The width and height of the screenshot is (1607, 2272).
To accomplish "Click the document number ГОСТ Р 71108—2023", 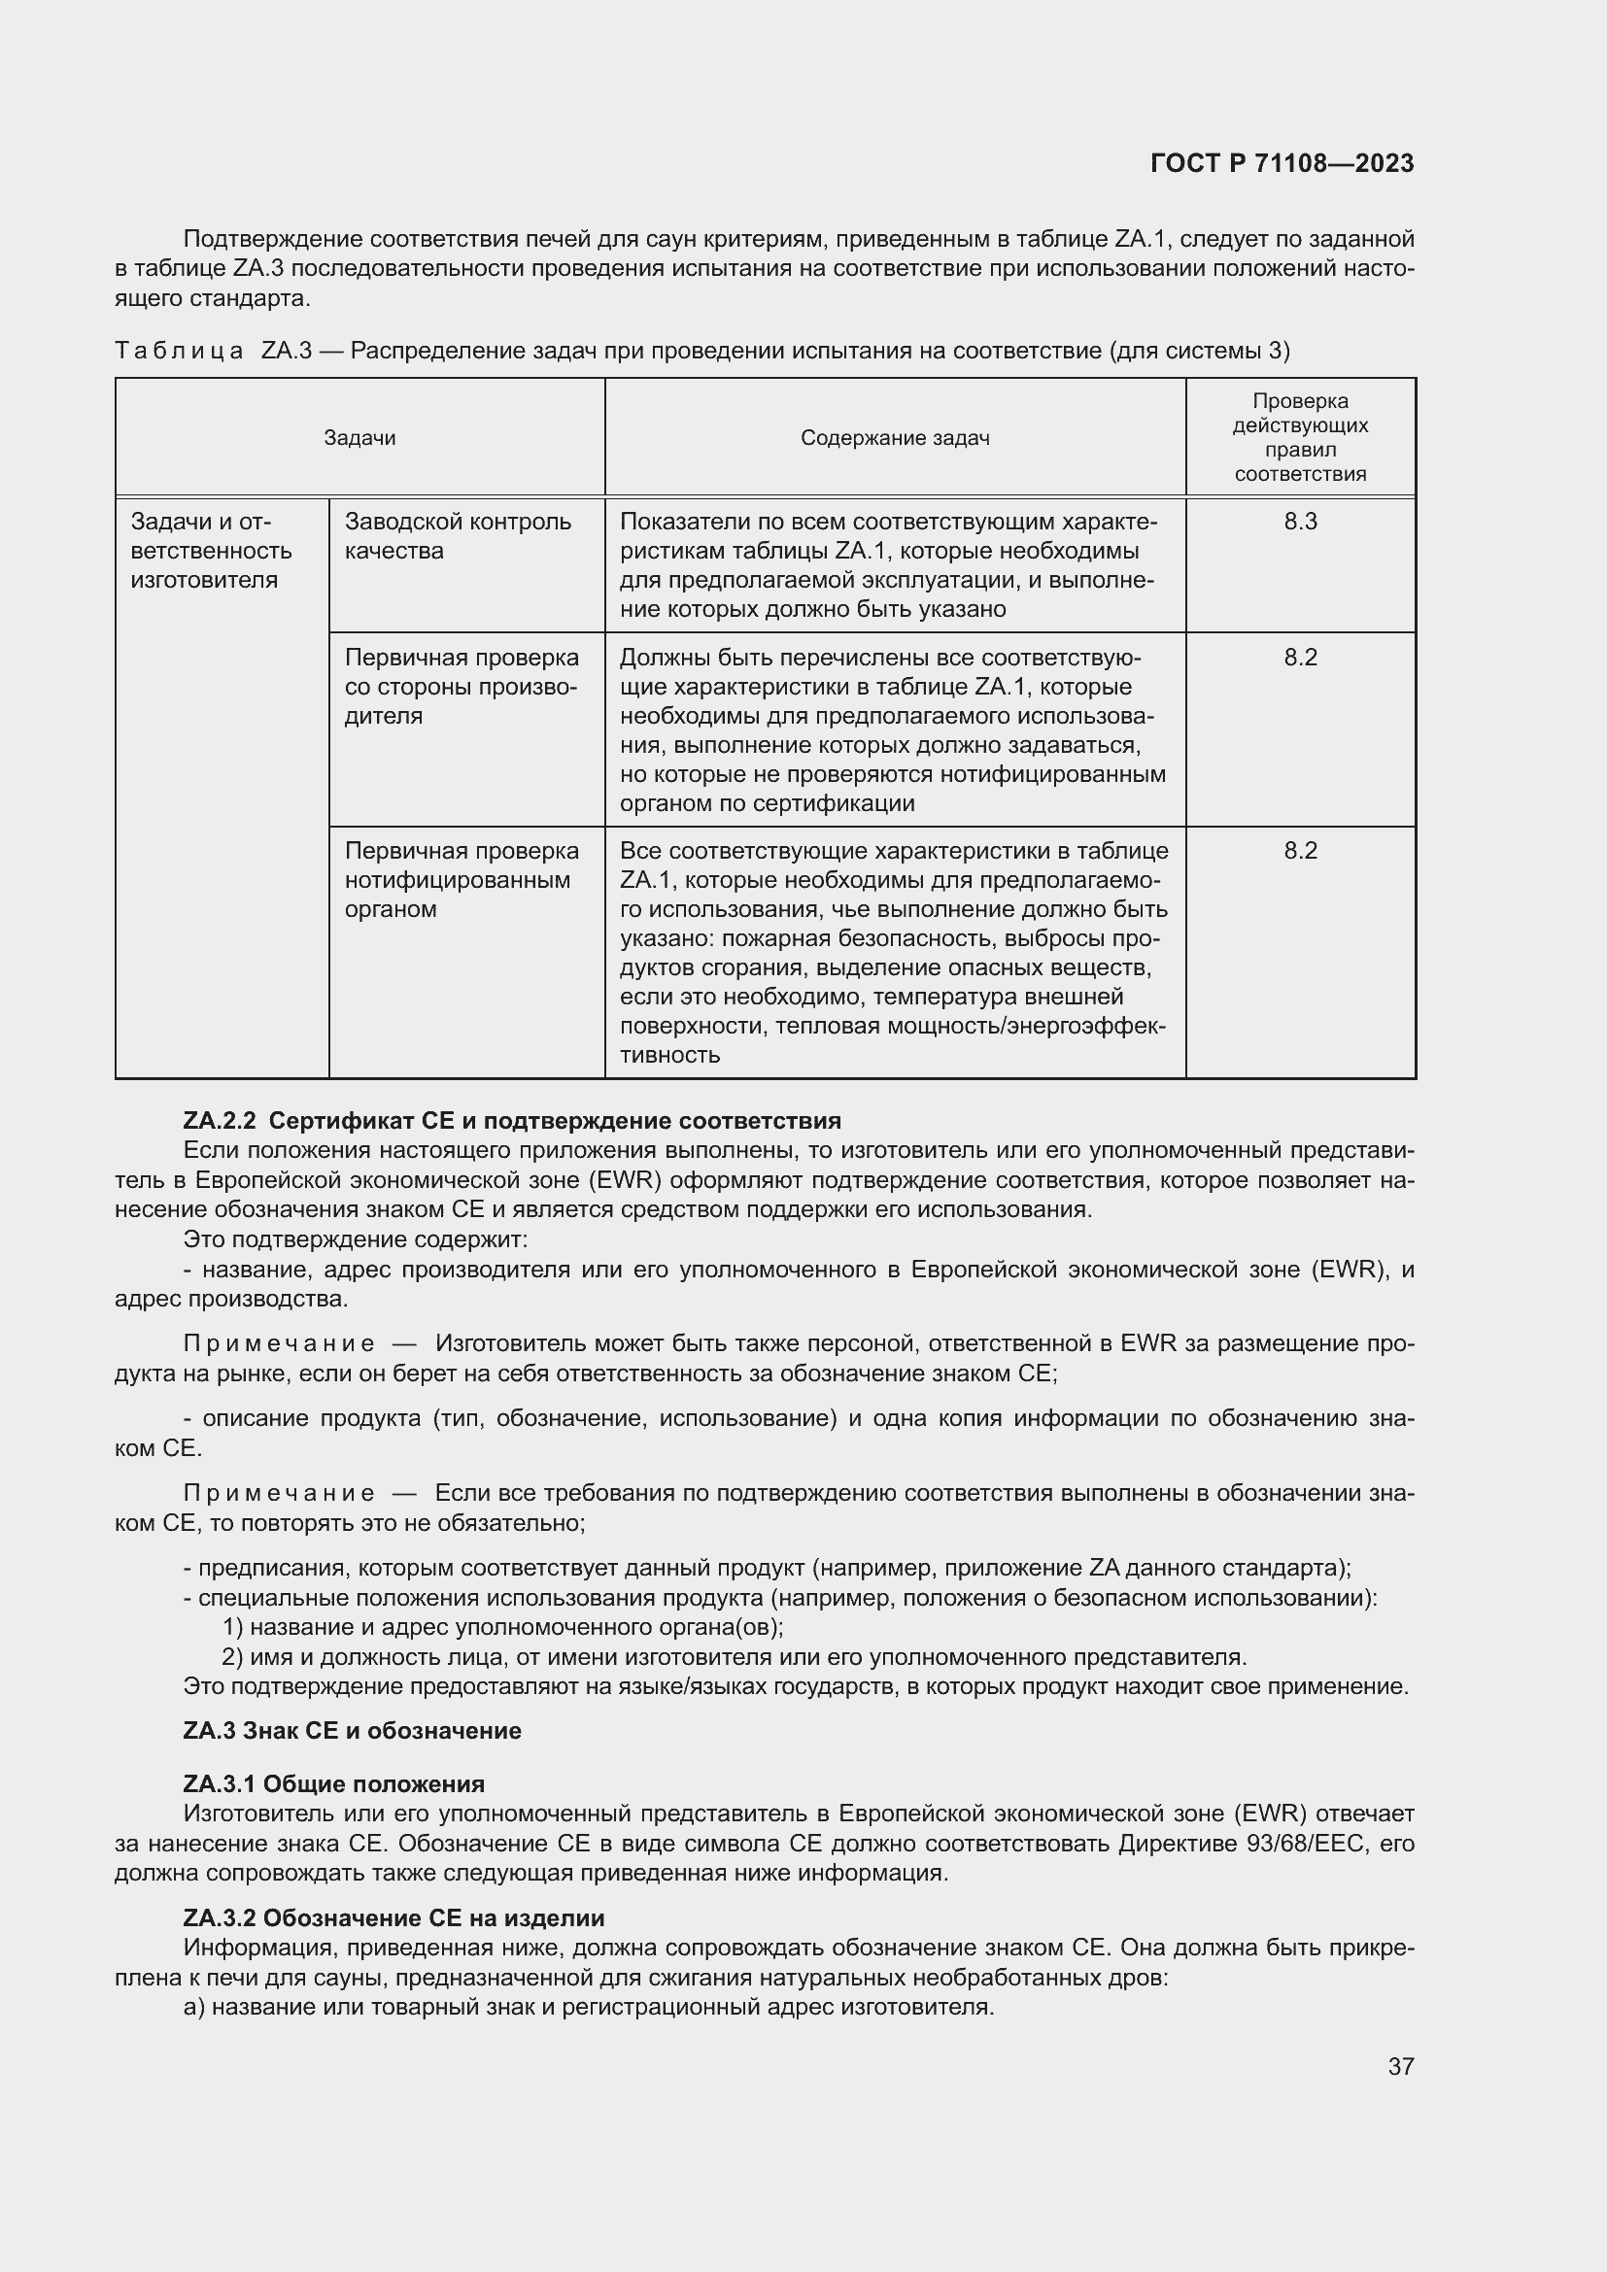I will click(1282, 163).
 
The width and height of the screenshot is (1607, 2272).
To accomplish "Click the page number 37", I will click(1400, 2066).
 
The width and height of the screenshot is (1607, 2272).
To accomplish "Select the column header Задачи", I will click(359, 437).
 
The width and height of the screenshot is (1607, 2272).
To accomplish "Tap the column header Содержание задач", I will click(895, 437).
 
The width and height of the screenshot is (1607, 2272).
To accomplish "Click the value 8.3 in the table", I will click(1299, 522).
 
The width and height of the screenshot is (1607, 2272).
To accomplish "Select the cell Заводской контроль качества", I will click(458, 535).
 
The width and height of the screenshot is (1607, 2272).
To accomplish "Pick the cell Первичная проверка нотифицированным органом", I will click(462, 880).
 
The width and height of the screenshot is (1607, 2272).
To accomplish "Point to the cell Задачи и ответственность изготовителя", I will click(211, 550).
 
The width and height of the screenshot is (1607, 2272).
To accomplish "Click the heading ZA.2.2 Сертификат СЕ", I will click(512, 1120).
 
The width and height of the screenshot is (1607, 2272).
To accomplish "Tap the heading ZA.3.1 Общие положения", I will click(333, 1783).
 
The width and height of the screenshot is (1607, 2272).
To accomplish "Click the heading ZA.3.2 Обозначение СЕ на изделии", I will click(393, 1917).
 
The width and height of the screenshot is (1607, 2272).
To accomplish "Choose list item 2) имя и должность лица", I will click(734, 1656).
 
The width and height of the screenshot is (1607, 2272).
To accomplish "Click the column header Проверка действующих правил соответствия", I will click(1299, 437).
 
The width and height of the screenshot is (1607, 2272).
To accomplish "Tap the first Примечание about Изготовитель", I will click(279, 1342).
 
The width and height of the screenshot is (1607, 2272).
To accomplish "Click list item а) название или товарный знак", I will click(588, 2007).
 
